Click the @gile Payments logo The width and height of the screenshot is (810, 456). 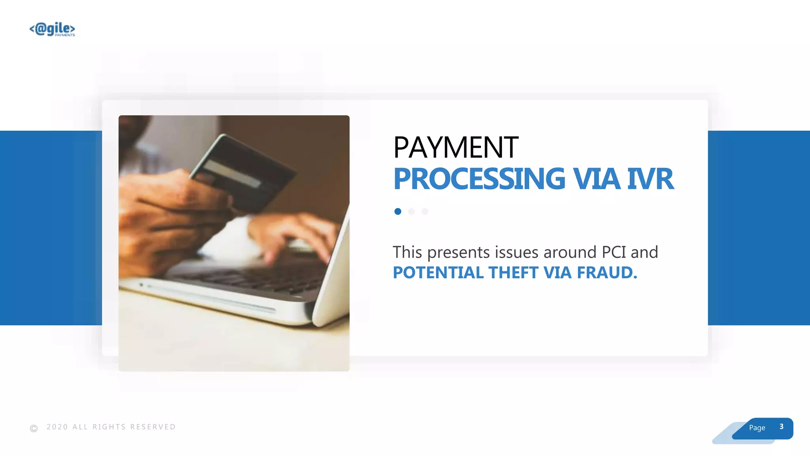52,29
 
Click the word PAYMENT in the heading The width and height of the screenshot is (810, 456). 456,148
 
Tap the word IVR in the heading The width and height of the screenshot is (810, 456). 650,179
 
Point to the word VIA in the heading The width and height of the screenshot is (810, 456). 597,179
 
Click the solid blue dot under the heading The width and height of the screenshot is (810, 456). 398,211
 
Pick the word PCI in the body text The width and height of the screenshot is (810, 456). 613,252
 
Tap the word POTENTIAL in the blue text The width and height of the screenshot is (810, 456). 438,273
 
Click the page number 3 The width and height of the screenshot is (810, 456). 781,426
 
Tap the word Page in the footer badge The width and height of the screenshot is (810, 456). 757,427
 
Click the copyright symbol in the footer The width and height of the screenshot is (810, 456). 34,428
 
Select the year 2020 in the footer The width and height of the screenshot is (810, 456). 57,427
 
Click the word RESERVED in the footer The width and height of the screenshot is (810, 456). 153,427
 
